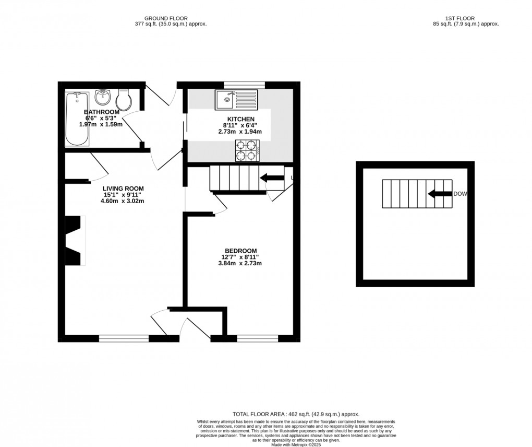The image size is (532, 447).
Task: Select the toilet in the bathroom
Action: pos(124,99)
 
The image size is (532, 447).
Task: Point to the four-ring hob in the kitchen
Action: pos(248,150)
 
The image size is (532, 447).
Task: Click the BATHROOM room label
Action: pos(102,112)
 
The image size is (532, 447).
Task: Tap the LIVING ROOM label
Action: pos(123,189)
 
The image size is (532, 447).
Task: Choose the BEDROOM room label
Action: pos(240,250)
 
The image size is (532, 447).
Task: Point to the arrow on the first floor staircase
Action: pos(439,194)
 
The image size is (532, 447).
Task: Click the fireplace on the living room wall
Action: pos(73,241)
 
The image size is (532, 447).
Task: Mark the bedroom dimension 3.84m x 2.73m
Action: pos(240,263)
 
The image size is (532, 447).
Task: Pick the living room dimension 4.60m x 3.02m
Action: pos(123,201)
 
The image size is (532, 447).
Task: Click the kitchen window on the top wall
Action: pos(244,84)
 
